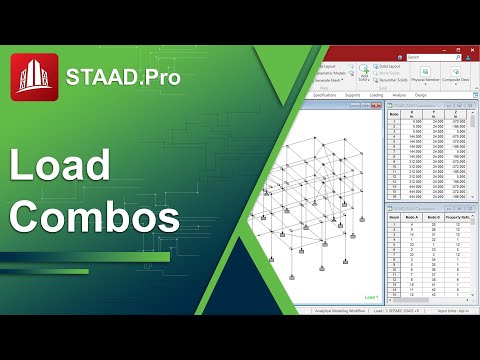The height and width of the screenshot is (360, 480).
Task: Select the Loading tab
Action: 377,95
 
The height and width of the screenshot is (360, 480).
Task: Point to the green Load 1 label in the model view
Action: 371,296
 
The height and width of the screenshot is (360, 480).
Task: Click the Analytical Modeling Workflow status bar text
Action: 335,310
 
